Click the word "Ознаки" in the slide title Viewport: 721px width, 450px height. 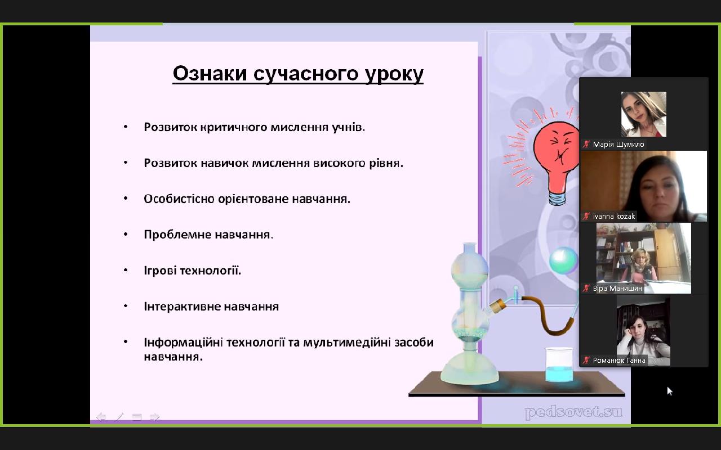[210, 73]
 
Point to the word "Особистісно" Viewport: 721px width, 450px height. [179, 199]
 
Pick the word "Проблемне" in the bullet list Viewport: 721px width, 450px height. [177, 235]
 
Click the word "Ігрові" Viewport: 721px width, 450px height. [160, 271]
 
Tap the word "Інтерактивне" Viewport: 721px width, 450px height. [181, 307]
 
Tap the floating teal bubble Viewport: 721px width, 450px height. [563, 260]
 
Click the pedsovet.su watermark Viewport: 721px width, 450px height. [573, 413]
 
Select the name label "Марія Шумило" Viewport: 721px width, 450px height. [618, 145]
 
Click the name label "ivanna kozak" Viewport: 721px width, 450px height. [614, 217]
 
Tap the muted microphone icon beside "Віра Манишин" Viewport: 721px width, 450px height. [586, 289]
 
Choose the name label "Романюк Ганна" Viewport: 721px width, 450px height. [619, 361]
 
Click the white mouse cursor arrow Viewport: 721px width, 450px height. [670, 391]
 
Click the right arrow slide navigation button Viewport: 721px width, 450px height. [154, 417]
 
